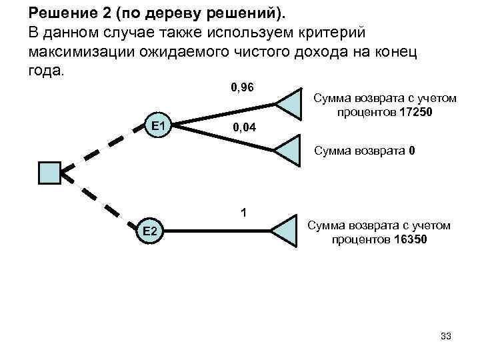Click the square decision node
[x=50, y=171]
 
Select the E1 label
[x=159, y=125]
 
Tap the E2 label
[x=149, y=231]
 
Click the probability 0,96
[x=243, y=87]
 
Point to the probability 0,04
[x=244, y=127]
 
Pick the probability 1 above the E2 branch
[x=244, y=213]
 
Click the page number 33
[x=445, y=336]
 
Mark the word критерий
[x=331, y=32]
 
